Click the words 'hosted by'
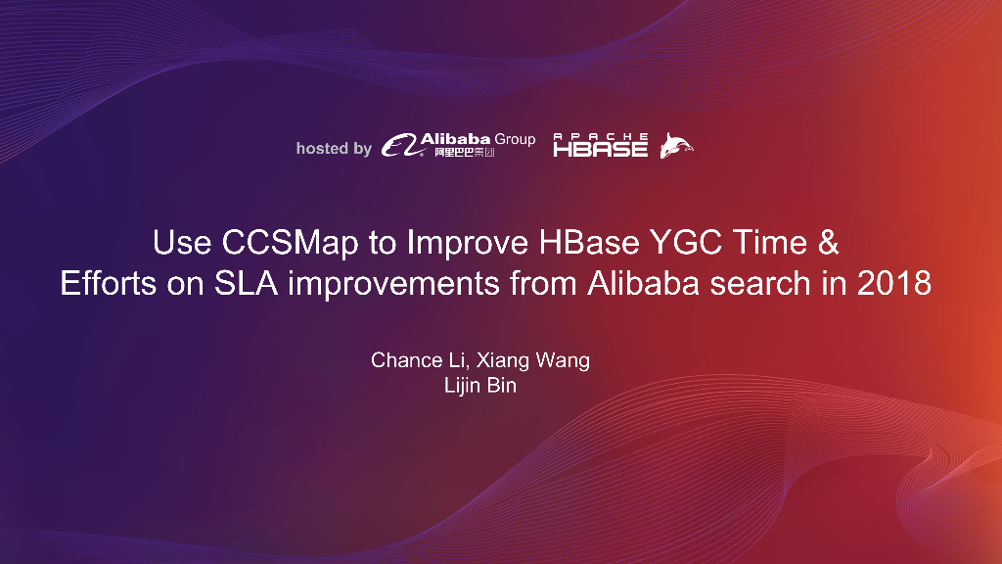point(334,149)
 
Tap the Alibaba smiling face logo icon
point(399,146)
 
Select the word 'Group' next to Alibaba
point(515,139)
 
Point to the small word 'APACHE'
point(600,136)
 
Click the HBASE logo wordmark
point(600,149)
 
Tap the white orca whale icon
point(675,146)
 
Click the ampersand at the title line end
point(828,241)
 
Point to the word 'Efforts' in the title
point(108,284)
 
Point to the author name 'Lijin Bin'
point(479,386)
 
